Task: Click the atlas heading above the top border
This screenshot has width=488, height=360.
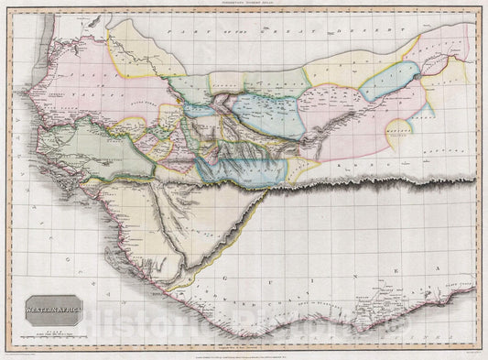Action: [244, 6]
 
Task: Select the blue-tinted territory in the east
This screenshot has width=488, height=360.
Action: [388, 82]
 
